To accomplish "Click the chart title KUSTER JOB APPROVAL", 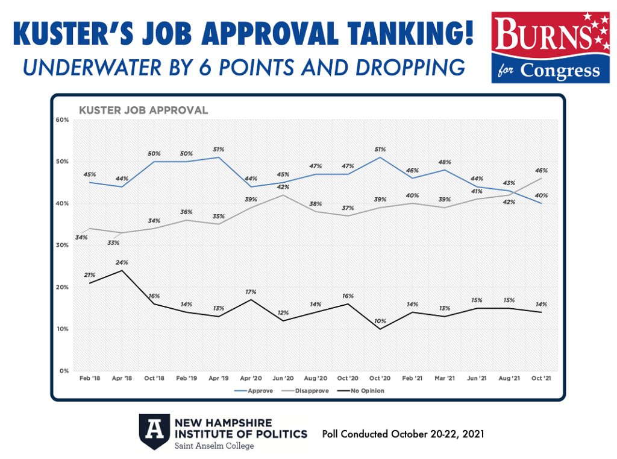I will tap(144, 110).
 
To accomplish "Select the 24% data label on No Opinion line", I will tap(122, 262).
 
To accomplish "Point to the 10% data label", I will tap(380, 320).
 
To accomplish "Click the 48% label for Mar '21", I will tap(444, 162).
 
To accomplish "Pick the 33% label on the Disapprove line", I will tap(113, 242).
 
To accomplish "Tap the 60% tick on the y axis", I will tap(63, 120).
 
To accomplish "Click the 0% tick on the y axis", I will tap(65, 371).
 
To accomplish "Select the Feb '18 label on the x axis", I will tap(90, 378).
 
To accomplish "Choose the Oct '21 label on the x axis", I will tap(539, 378).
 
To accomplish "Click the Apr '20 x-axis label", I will tap(250, 378).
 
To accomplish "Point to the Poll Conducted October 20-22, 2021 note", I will tap(403, 434).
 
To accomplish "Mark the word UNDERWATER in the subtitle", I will tap(89, 68).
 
